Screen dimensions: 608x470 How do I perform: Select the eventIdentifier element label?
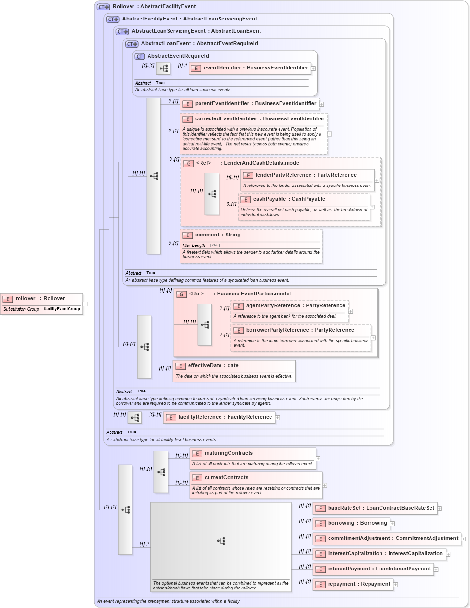[255, 68]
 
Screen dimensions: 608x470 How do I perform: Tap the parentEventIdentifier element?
[255, 104]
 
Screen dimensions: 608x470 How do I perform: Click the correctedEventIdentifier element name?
[260, 119]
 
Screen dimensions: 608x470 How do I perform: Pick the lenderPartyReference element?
[306, 175]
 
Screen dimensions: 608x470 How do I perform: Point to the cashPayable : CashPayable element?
[289, 199]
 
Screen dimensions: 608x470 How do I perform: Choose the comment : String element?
[218, 235]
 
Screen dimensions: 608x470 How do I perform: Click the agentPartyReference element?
[295, 306]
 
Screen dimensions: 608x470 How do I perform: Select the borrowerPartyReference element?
[300, 330]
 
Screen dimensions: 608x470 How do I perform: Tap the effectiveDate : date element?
[213, 366]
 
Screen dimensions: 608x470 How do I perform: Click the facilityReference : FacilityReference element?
[225, 417]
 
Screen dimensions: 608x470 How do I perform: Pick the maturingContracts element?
[229, 453]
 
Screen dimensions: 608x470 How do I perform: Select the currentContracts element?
[226, 478]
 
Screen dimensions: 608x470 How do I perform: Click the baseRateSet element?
[380, 508]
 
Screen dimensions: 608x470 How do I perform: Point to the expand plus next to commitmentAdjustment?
[463, 539]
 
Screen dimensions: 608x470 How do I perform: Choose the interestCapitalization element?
[385, 554]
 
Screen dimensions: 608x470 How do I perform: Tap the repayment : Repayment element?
[359, 584]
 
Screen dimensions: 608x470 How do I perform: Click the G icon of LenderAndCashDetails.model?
[189, 163]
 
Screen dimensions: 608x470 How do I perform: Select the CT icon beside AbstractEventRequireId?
[140, 56]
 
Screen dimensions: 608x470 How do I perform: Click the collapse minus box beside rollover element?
[85, 304]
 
